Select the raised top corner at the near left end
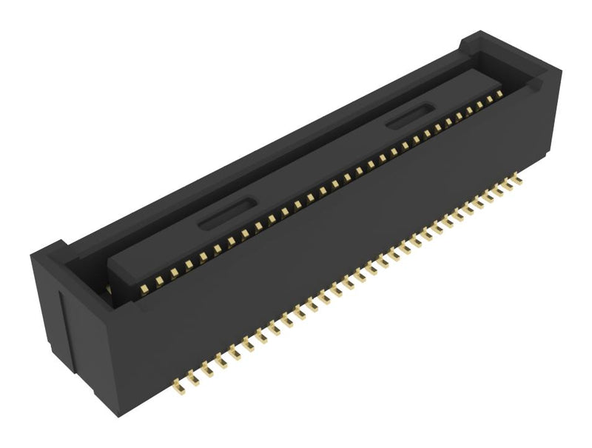pos(52,248)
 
